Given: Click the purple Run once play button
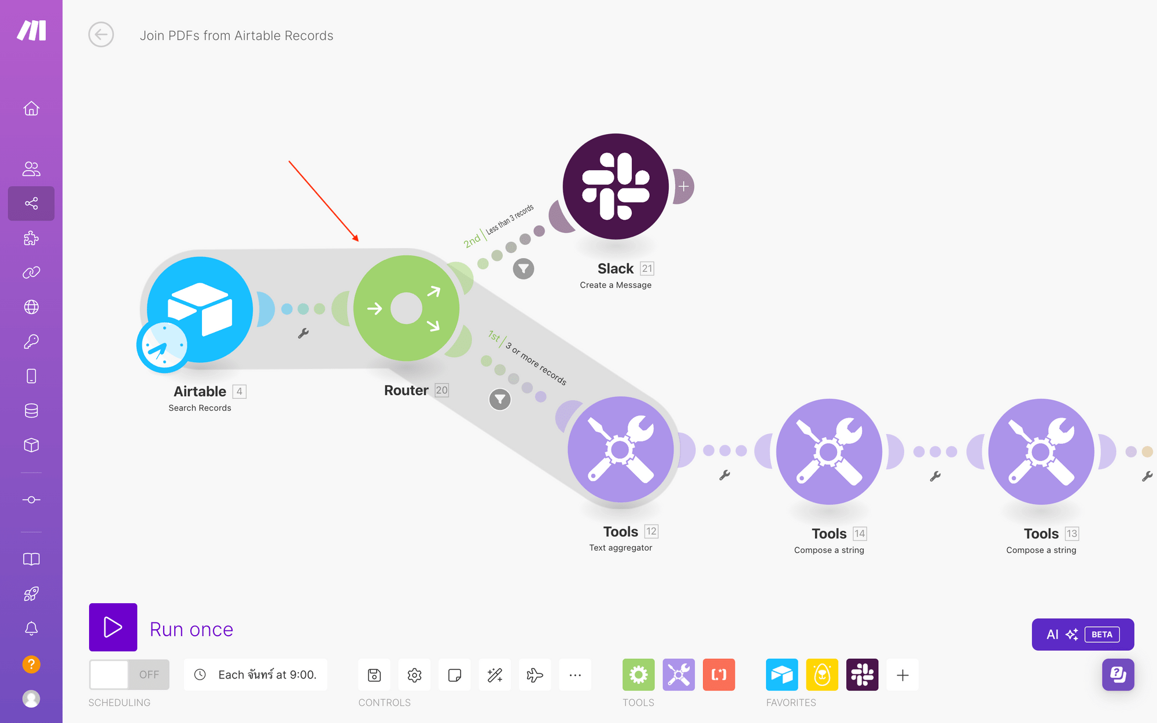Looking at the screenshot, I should [x=113, y=627].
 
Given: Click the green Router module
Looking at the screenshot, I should [x=406, y=308].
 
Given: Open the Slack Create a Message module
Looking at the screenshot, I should [x=616, y=186].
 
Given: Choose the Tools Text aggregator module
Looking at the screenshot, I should [x=620, y=449].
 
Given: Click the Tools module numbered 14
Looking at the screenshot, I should [x=829, y=451].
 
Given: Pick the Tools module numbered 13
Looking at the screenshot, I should [x=1041, y=451].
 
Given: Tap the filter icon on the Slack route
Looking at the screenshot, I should [x=524, y=268].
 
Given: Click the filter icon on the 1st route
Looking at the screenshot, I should [x=500, y=399].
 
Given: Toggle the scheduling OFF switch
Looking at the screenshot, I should [x=129, y=674].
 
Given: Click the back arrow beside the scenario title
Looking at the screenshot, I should [x=101, y=35].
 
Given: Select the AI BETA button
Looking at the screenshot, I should [x=1082, y=635].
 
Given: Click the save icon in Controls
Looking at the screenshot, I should [x=374, y=674].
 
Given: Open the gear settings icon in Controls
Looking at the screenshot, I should [x=414, y=674].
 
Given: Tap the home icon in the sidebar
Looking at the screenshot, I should [x=31, y=109].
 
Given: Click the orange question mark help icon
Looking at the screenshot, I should [x=31, y=664].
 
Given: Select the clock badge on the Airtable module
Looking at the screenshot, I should [x=164, y=346].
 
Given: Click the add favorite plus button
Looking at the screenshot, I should [x=902, y=674].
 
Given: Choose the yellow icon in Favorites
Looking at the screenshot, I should [x=821, y=674].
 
